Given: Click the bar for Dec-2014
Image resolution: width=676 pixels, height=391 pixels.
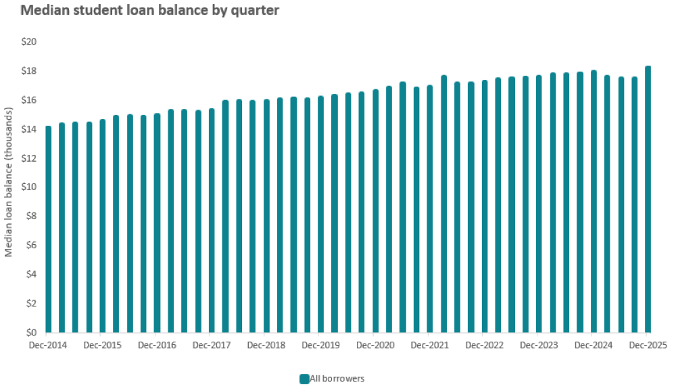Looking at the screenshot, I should (48, 230).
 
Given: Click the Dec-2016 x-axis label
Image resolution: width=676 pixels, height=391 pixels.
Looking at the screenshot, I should (156, 345).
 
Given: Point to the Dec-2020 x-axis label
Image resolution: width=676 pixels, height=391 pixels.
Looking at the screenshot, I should (375, 345).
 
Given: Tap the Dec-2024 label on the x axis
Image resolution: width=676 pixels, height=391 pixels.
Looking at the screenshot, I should (593, 345).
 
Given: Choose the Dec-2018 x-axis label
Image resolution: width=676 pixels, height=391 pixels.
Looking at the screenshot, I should (266, 345).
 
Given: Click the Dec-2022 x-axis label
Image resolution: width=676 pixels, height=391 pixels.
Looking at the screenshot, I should (484, 345).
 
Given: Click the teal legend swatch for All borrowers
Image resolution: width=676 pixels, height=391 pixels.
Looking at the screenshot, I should (304, 379).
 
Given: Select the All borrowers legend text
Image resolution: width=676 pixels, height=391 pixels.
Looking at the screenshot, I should (337, 379).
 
